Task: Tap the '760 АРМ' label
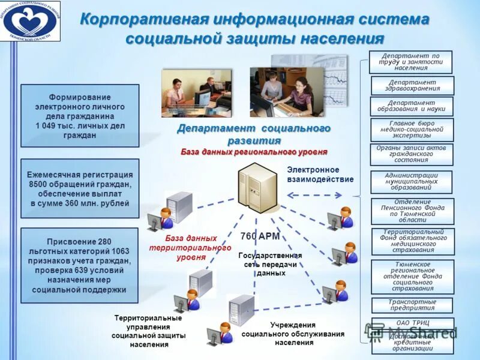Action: tap(260, 236)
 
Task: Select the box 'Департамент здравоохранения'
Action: tap(413, 85)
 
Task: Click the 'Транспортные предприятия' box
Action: tap(412, 305)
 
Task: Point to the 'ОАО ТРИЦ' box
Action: tap(412, 323)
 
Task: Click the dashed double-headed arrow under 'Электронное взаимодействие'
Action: tap(314, 195)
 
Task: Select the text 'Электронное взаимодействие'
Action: tap(320, 175)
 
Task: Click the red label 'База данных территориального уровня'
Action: tap(190, 247)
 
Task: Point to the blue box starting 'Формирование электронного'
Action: tap(80, 116)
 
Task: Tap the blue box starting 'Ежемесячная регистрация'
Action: tap(80, 188)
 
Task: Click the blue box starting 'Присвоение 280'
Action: tap(80, 265)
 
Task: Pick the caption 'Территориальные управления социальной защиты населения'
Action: tap(148, 331)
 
